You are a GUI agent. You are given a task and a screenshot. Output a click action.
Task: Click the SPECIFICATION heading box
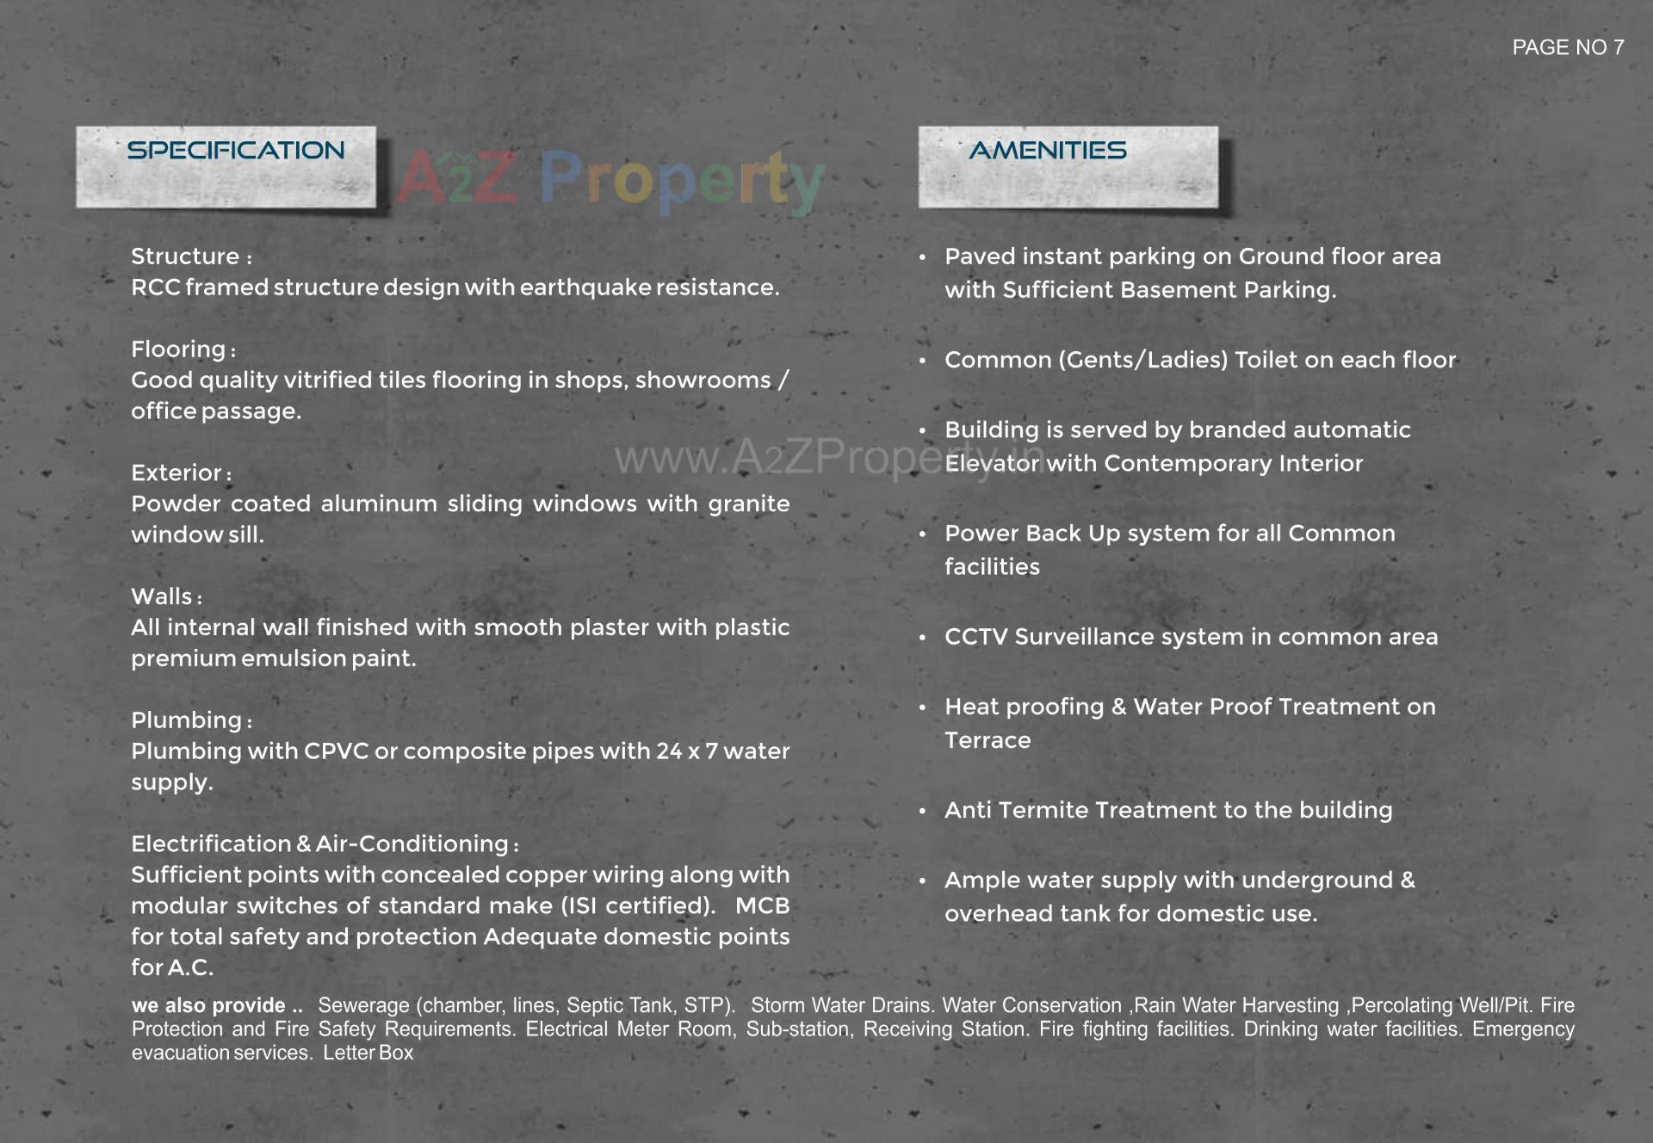226,167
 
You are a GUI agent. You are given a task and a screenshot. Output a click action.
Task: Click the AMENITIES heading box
1068,167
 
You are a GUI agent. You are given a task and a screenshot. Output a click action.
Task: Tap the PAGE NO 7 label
1567,48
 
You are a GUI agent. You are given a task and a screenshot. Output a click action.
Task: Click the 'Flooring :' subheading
183,349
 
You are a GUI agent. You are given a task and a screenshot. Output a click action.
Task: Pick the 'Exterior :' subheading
181,473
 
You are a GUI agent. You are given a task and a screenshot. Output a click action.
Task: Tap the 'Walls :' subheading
166,597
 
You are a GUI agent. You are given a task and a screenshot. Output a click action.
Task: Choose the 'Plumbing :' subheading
191,720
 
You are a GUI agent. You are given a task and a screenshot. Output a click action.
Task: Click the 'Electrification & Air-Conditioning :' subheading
325,844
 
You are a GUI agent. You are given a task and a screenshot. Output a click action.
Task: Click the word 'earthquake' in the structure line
585,287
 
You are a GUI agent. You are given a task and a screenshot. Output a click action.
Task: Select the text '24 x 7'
686,751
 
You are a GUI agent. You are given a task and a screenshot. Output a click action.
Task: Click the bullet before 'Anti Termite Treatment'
922,811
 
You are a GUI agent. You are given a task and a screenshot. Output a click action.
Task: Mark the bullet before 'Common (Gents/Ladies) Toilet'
922,361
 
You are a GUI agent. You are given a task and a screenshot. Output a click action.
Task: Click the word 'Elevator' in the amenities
992,464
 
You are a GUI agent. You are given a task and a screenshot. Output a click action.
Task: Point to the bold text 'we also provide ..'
217,1005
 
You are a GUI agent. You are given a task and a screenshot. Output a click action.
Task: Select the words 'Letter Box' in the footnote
368,1053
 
